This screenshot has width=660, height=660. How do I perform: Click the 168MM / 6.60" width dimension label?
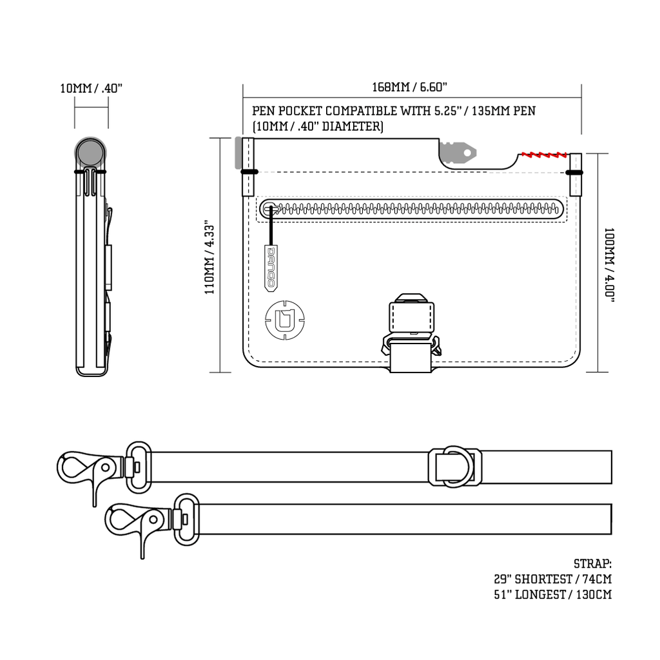pos(409,87)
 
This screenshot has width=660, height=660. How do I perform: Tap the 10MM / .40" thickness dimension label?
pos(91,88)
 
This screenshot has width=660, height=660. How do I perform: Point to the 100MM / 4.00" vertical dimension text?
pos(609,264)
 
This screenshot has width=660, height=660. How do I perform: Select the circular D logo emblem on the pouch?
pos(284,319)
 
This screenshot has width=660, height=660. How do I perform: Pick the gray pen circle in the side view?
pos(90,153)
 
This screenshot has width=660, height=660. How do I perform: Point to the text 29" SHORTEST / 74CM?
pos(553,579)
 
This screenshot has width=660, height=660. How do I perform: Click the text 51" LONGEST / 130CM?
pos(553,594)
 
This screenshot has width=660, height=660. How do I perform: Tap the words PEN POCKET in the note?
pos(287,111)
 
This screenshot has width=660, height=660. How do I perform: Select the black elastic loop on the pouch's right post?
pos(574,172)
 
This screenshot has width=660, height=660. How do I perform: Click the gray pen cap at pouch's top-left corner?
pos(238,153)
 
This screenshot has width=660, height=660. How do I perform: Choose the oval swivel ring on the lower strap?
pos(186,519)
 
